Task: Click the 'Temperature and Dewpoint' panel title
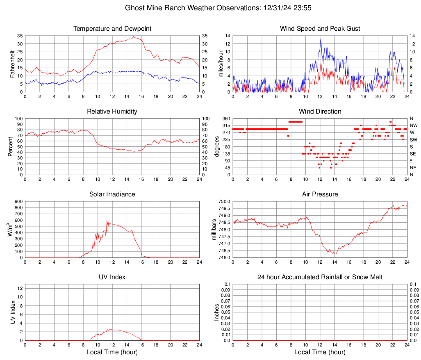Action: point(112,29)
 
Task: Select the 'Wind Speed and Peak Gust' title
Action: point(320,29)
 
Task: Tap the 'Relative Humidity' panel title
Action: point(112,112)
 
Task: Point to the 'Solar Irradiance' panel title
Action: point(112,194)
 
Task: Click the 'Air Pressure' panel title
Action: point(320,194)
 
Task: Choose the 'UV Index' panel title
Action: point(112,277)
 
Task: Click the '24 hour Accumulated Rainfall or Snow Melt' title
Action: point(320,277)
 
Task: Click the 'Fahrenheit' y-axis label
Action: point(12,64)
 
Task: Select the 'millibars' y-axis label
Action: point(214,230)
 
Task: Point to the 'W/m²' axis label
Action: point(9,230)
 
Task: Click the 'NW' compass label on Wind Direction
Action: point(413,125)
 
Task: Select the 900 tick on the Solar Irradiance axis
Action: point(18,201)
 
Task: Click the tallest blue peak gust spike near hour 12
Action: point(320,39)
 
